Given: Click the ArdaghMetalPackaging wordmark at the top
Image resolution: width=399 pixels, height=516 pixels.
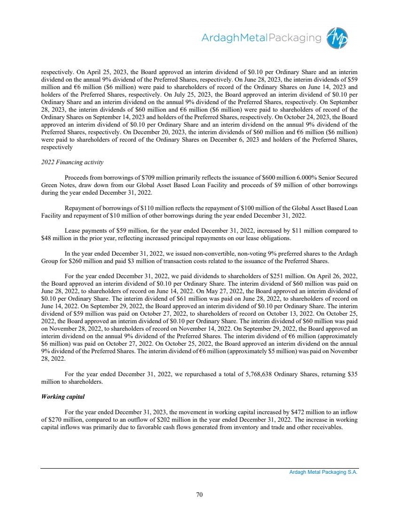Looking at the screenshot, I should [x=261, y=38].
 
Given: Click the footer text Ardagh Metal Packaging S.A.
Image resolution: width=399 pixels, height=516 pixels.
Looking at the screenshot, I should [x=323, y=473].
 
